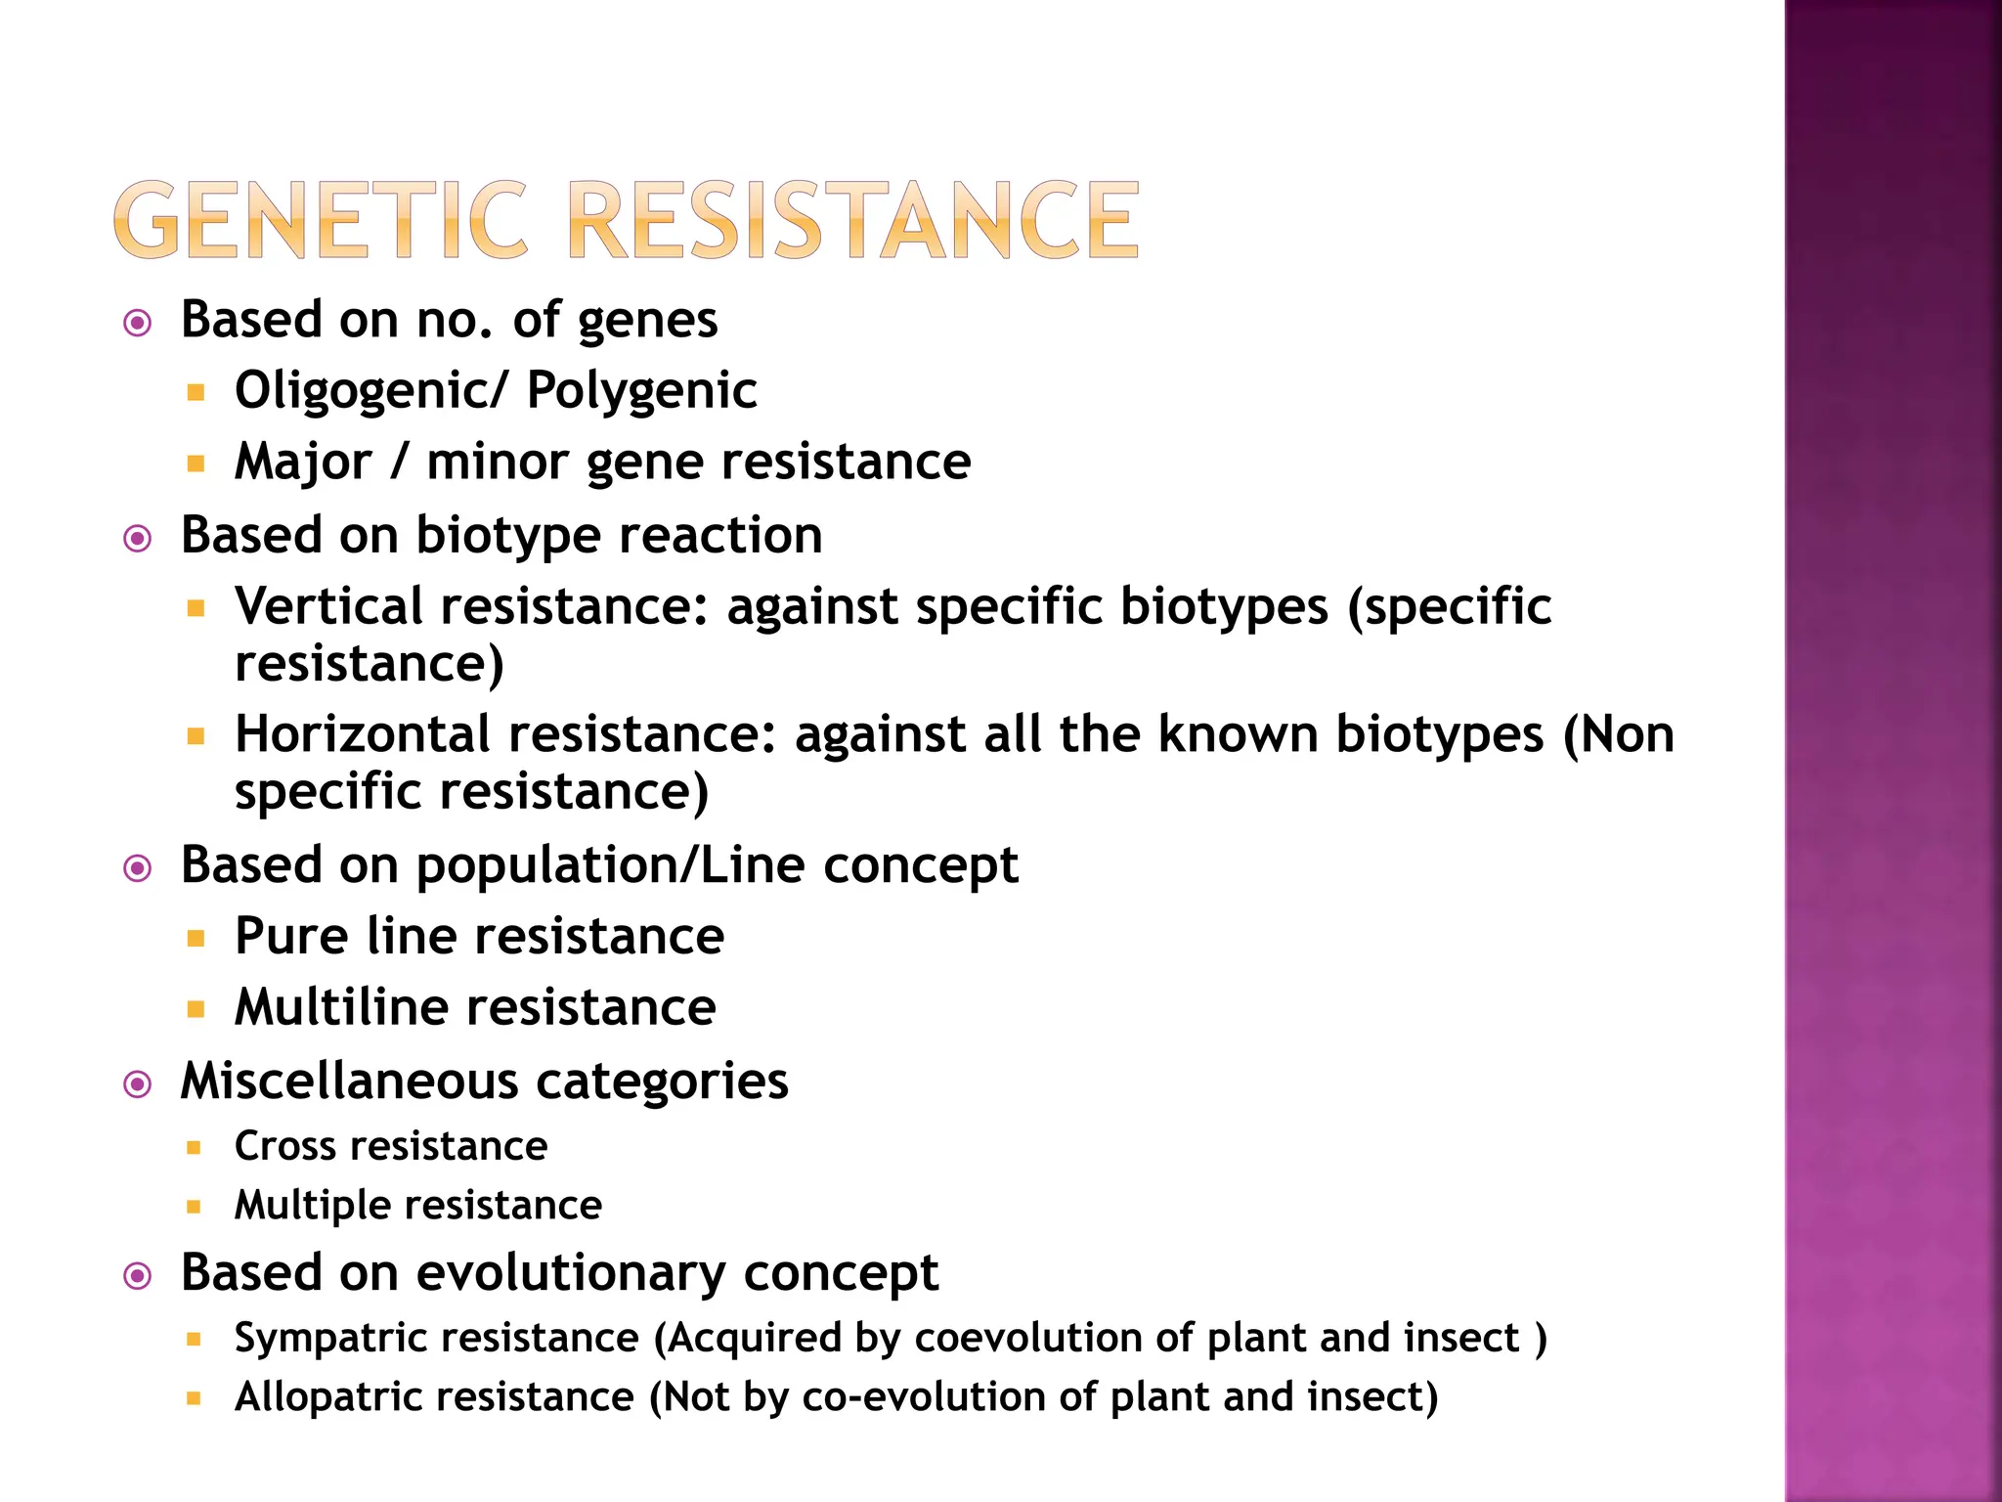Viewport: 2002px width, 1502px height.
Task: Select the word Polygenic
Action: point(641,391)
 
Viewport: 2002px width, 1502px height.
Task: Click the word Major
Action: point(303,462)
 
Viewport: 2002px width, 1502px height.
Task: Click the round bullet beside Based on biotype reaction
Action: point(138,538)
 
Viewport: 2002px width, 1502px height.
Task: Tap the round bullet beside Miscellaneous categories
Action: point(138,1083)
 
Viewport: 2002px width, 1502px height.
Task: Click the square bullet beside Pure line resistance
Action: point(196,939)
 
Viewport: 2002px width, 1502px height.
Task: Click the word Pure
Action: point(291,937)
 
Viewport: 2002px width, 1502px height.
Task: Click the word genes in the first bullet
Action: point(648,322)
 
